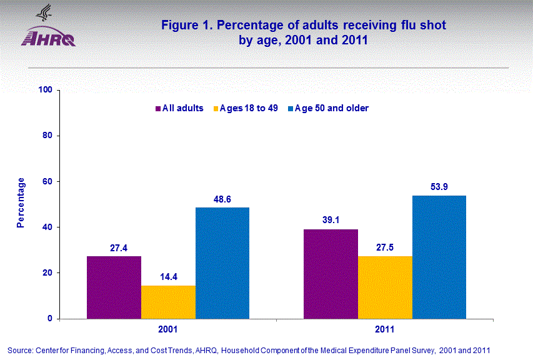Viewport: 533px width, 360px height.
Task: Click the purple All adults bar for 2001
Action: pos(114,287)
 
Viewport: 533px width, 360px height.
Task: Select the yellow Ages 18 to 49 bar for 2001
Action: pos(168,302)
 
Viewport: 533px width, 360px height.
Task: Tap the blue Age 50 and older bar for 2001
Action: pos(222,263)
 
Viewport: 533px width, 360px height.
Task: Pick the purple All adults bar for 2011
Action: pos(331,274)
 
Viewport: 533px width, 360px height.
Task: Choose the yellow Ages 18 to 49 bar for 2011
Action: pos(385,287)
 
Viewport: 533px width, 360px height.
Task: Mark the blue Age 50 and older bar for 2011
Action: pos(439,257)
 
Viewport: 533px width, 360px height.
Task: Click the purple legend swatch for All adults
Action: pos(158,108)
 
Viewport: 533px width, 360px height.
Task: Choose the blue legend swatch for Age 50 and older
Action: pos(291,108)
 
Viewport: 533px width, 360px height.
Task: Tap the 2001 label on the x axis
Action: pos(168,329)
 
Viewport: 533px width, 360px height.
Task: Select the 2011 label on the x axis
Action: pos(385,329)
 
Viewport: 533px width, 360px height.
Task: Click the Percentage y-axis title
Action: pos(21,203)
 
